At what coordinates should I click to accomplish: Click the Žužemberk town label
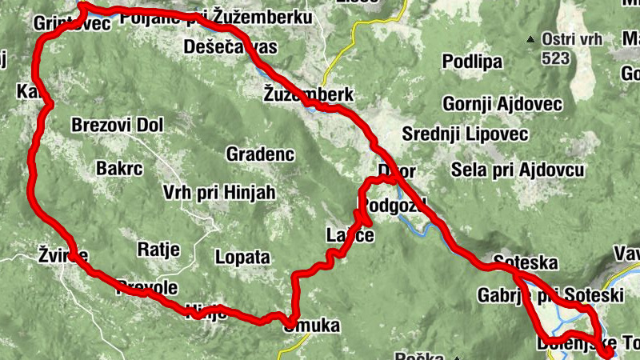[308, 94]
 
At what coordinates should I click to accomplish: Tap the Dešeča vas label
[230, 47]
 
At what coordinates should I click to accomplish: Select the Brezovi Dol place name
[117, 125]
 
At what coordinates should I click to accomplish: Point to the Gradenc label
[261, 153]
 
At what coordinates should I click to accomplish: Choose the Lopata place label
[242, 258]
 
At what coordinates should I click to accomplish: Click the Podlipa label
[472, 62]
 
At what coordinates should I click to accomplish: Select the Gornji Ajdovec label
[503, 104]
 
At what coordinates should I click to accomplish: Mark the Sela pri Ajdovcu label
[518, 170]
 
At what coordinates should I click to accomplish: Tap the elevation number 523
[555, 58]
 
